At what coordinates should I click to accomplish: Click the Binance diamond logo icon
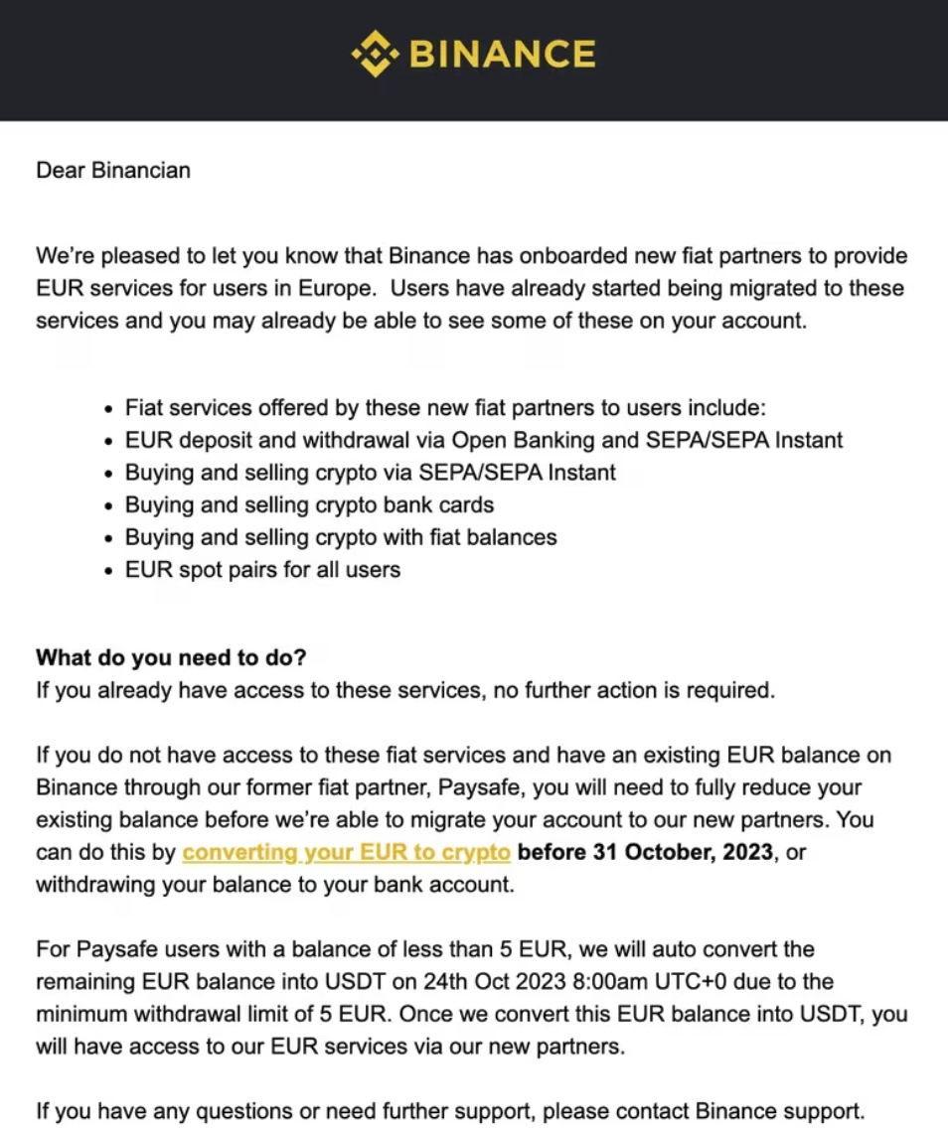(x=375, y=54)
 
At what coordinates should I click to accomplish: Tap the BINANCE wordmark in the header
(x=503, y=54)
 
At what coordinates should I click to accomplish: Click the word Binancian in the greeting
(x=140, y=170)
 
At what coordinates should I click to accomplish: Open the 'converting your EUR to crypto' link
(x=347, y=852)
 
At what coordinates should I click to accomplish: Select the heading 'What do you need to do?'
(x=171, y=657)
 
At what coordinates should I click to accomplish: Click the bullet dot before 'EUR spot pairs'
(x=109, y=571)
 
